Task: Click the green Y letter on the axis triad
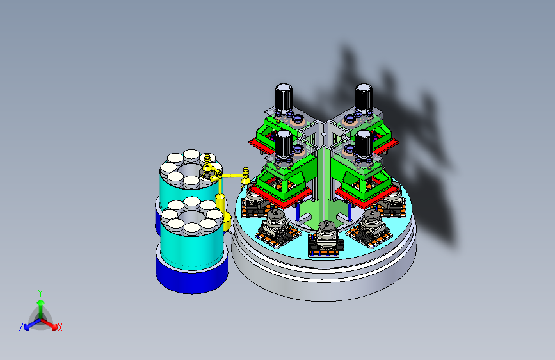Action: pos(40,293)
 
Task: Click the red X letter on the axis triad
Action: pos(60,327)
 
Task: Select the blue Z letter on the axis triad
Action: pos(21,327)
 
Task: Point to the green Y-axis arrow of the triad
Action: pos(41,309)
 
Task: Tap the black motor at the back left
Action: pos(284,97)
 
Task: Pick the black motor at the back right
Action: pos(364,97)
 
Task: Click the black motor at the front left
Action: pos(284,143)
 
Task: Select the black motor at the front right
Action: pos(364,143)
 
